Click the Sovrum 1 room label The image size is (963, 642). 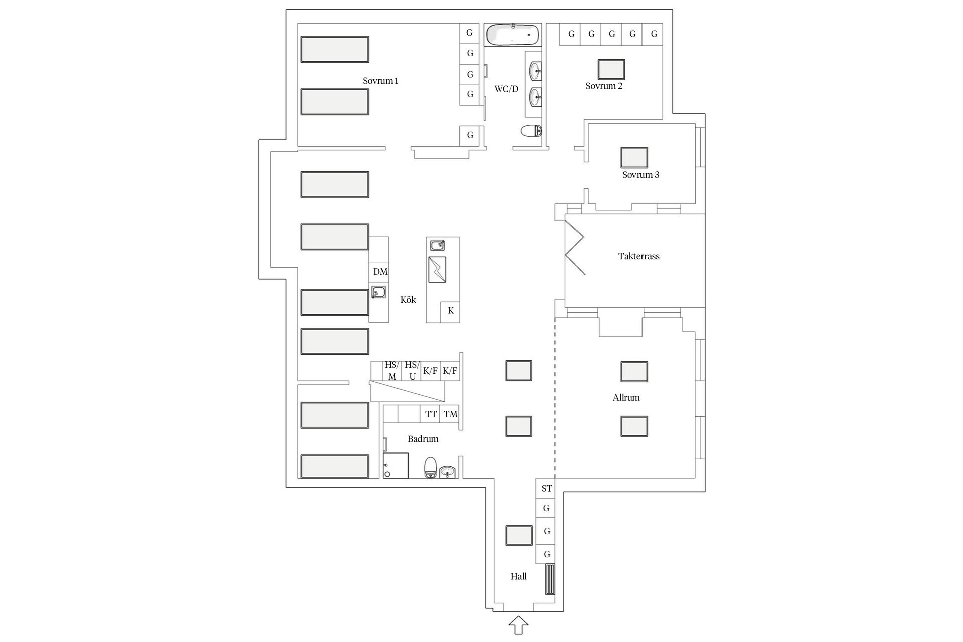(380, 81)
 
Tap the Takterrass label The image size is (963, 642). (638, 256)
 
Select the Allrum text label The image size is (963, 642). (626, 398)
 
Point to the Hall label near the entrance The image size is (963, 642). (518, 576)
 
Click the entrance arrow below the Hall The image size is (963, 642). (518, 626)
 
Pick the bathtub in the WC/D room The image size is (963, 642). (513, 35)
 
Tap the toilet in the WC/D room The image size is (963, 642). (531, 131)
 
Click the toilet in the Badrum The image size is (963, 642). (431, 468)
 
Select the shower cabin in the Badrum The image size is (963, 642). (395, 466)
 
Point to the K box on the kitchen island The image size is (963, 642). (450, 311)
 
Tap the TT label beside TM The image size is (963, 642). (431, 414)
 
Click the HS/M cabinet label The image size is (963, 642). (392, 371)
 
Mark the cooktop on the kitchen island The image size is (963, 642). (437, 270)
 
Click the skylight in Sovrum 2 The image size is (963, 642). (611, 69)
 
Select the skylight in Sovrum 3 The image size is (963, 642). (634, 157)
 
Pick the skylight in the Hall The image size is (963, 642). (519, 536)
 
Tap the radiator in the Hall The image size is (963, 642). (550, 579)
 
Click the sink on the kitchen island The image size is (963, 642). (437, 245)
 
